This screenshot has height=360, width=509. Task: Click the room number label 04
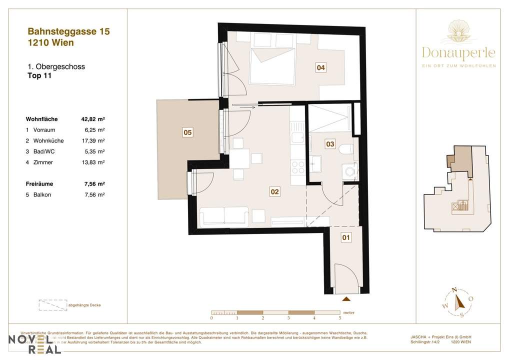click(x=321, y=68)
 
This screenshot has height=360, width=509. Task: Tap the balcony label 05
click(x=187, y=132)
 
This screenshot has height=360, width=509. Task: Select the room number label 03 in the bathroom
click(x=329, y=144)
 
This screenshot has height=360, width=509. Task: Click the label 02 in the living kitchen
click(x=274, y=191)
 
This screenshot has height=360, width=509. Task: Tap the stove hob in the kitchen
click(x=297, y=167)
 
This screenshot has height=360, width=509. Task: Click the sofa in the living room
click(x=223, y=216)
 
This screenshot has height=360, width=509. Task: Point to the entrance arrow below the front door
click(x=345, y=299)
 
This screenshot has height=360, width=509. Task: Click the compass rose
click(x=456, y=302)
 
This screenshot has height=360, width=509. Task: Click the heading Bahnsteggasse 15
click(x=68, y=31)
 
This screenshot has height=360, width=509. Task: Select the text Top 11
click(x=39, y=76)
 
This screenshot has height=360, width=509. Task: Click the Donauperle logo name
click(x=458, y=52)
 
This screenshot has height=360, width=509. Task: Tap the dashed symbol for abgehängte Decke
click(x=52, y=305)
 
